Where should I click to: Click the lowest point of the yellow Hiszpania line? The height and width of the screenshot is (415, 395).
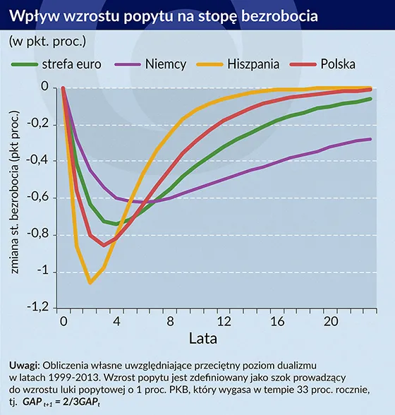click(x=90, y=283)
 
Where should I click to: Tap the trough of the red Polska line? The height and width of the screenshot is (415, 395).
click(x=104, y=245)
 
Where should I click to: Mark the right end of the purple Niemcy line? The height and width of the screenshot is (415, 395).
click(x=371, y=139)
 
